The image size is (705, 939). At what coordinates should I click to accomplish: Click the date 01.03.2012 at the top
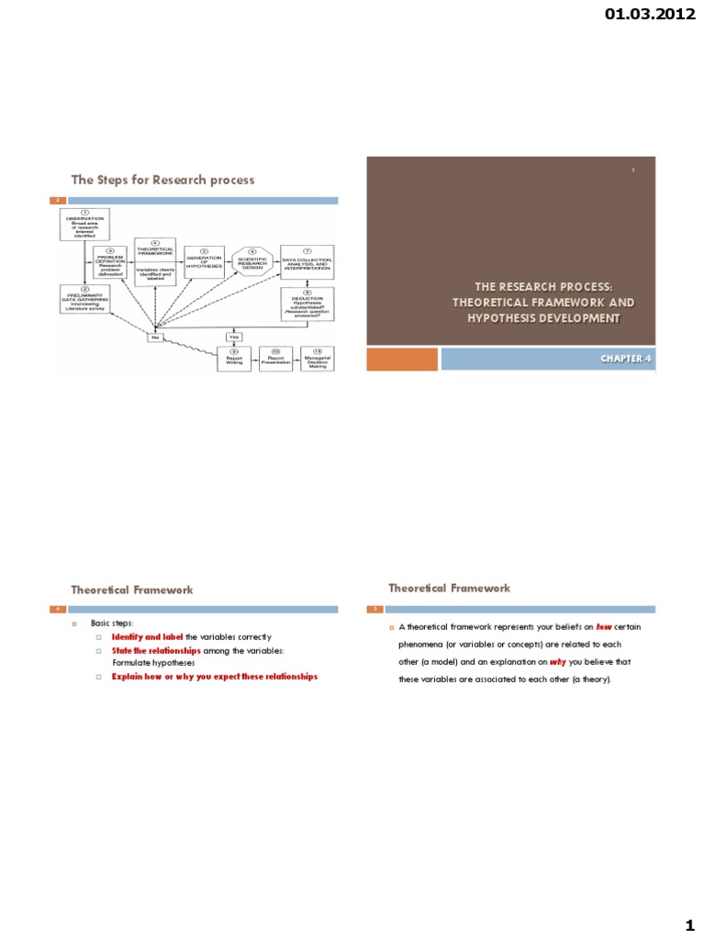click(656, 14)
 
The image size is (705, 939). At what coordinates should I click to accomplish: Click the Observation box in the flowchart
click(84, 223)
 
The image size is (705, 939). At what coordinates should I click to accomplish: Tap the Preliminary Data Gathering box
click(84, 304)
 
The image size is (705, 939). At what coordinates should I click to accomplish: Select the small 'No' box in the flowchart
click(157, 338)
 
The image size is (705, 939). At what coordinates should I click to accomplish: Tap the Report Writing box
click(233, 358)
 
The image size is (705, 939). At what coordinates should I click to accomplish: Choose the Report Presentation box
click(274, 358)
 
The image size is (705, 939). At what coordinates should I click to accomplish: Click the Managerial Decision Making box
click(317, 358)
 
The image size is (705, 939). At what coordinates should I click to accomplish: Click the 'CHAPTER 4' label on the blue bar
click(625, 359)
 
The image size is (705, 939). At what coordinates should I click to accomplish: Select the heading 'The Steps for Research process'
click(163, 180)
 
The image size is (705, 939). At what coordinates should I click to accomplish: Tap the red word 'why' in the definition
click(558, 662)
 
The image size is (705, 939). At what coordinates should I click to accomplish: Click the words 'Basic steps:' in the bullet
click(118, 623)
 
